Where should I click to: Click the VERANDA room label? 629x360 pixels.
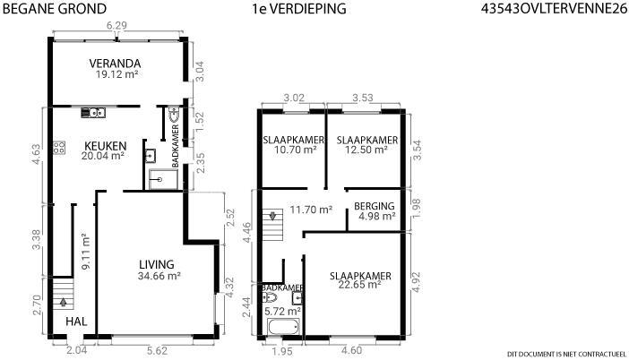(x=115, y=64)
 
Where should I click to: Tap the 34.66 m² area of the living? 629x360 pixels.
(x=159, y=276)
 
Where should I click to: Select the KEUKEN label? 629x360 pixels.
(x=105, y=146)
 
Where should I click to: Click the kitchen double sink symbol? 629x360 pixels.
(x=93, y=113)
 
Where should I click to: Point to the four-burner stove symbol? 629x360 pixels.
(x=59, y=148)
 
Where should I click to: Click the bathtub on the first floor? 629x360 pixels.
(x=283, y=327)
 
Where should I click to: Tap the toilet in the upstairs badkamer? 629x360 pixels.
(x=270, y=297)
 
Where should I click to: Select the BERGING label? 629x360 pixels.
(x=375, y=206)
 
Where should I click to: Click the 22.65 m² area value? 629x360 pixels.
(x=359, y=285)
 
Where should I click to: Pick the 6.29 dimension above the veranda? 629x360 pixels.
(x=116, y=25)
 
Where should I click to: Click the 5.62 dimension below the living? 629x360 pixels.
(x=157, y=350)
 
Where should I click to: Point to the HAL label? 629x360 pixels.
(x=76, y=321)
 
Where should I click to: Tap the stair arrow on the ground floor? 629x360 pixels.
(x=63, y=302)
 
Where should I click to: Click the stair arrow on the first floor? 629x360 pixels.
(x=272, y=216)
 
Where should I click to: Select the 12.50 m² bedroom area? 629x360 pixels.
(x=366, y=150)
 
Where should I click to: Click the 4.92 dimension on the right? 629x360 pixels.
(x=417, y=282)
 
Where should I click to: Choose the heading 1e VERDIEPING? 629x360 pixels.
(x=299, y=9)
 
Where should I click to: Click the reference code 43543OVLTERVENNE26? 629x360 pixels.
(x=554, y=9)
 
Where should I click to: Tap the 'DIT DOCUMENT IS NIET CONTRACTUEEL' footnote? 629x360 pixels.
(x=566, y=354)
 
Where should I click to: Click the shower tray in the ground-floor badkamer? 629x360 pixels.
(x=163, y=179)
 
